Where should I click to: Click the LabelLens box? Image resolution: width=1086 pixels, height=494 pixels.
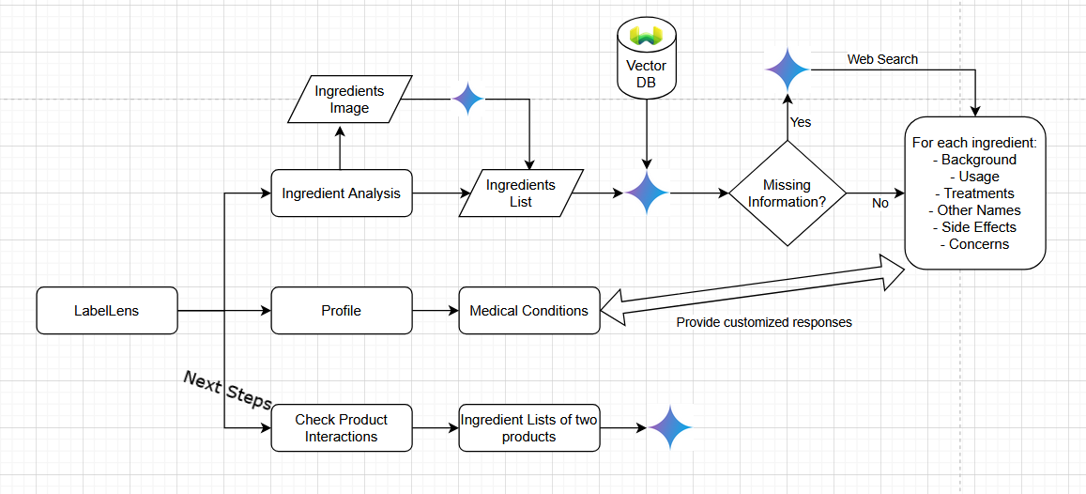(106, 311)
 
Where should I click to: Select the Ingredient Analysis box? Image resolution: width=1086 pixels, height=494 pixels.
(341, 193)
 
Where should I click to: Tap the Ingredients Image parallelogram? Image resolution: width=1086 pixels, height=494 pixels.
(349, 100)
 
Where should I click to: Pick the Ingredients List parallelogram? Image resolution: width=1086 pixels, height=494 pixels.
(521, 193)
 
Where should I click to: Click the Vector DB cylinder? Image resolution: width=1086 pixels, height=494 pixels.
(646, 59)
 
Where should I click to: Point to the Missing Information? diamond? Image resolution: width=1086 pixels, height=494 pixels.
(787, 193)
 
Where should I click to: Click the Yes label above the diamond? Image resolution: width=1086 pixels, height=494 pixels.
(801, 122)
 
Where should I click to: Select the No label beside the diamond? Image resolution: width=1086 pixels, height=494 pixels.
(880, 203)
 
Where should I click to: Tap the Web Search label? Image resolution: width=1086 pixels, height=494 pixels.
(882, 59)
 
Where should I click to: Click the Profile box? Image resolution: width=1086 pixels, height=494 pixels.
(341, 311)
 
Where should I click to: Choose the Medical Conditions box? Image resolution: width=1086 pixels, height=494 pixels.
(528, 311)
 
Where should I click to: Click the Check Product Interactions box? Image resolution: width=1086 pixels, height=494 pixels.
(341, 428)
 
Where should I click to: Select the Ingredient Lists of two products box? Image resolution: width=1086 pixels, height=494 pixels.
(528, 428)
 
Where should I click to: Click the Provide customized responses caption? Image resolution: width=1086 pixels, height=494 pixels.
(764, 322)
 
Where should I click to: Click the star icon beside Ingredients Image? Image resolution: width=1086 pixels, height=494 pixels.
(467, 99)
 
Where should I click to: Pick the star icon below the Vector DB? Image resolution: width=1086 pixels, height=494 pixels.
(646, 193)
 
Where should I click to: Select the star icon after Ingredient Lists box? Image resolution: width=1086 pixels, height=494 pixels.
(669, 428)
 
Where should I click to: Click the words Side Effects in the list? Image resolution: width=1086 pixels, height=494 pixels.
(975, 227)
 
